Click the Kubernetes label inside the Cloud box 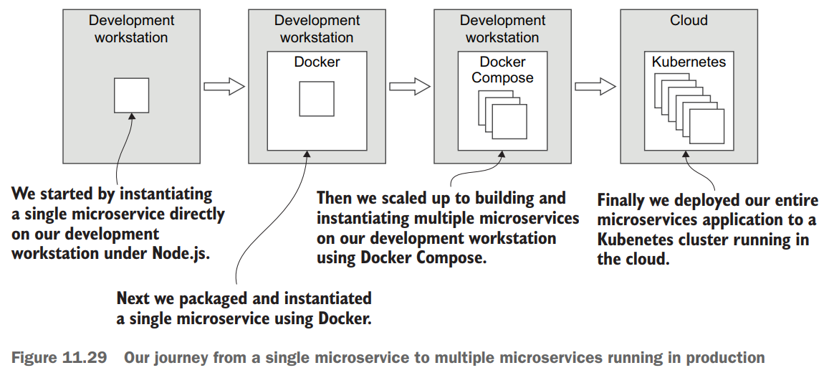689,62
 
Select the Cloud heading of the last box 689,20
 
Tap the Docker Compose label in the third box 502,70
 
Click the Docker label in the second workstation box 317,62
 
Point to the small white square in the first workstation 132,95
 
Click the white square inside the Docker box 317,99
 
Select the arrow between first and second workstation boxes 224,86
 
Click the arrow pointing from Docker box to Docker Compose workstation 410,86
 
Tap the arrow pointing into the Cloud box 595,86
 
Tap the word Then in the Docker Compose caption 335,198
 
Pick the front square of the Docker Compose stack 509,122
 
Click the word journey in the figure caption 178,357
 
